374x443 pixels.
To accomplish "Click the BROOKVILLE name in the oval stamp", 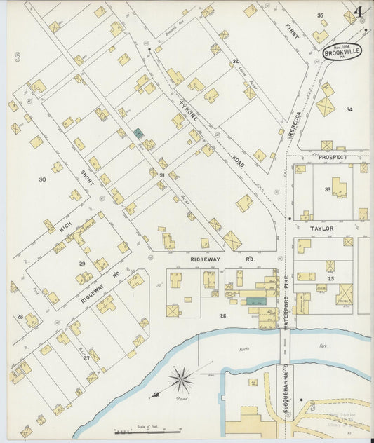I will click(342, 52).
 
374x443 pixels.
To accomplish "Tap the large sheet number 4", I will click(359, 12).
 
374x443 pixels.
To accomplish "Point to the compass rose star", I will click(181, 380).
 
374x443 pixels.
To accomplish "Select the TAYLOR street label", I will click(317, 229).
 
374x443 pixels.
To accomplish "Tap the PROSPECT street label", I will click(333, 158).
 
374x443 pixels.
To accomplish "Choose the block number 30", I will click(42, 179).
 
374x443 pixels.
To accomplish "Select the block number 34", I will click(349, 109).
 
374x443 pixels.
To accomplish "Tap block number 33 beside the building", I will click(327, 189).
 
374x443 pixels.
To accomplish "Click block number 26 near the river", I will click(223, 315).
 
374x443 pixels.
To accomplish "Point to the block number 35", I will click(320, 15).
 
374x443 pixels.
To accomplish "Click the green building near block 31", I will click(139, 132).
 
